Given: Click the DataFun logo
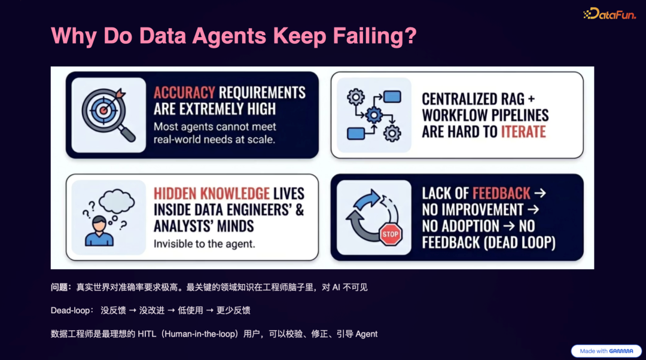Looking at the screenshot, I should point(610,13).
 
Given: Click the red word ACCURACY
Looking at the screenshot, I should point(184,93).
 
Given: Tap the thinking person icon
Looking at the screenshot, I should point(99,230).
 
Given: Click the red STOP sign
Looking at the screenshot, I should point(391,234).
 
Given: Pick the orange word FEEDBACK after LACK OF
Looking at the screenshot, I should point(501,193).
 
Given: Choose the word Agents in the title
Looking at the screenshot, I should point(230,36).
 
